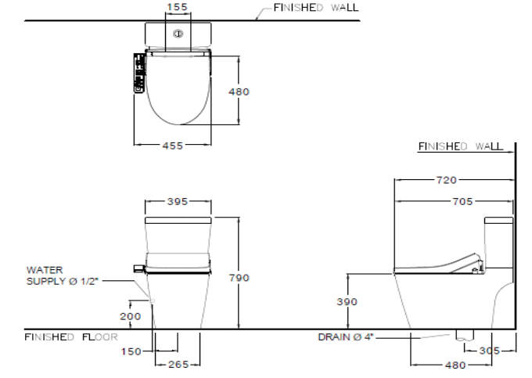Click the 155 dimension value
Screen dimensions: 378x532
178,7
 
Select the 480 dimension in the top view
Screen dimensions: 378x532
239,92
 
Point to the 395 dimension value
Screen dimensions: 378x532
178,201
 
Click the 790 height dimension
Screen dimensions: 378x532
239,277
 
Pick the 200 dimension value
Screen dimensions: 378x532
131,316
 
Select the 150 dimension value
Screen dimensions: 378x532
131,351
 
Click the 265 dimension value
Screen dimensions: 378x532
178,364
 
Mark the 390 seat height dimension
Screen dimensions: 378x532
347,302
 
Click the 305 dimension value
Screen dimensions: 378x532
490,351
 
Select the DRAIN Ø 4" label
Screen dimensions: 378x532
346,337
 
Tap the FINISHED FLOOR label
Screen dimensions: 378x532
70,337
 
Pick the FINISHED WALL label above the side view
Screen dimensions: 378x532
460,146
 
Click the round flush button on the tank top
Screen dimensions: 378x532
178,34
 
